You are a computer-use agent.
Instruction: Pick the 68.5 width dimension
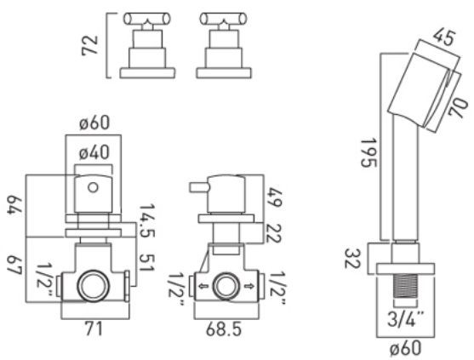pyautogui.click(x=226, y=328)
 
